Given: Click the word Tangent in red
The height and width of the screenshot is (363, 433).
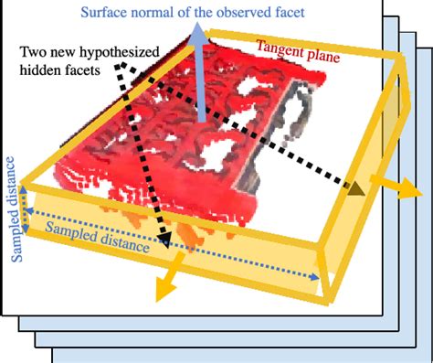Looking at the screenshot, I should [280, 46].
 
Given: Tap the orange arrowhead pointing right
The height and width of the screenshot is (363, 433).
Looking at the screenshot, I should [414, 193].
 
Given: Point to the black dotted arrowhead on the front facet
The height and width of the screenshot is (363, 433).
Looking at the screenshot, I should [164, 242].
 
